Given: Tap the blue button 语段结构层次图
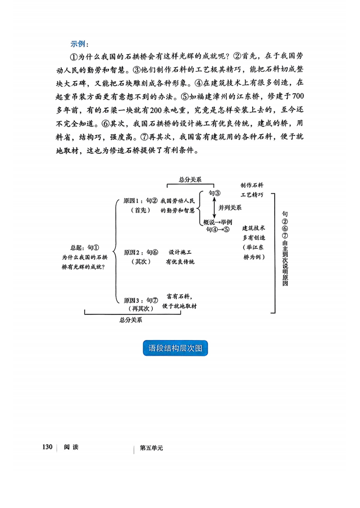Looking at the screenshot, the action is click(175, 348).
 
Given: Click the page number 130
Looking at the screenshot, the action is click(47, 447).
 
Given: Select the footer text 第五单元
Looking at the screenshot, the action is click(151, 448).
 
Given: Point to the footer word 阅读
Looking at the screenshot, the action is click(71, 447).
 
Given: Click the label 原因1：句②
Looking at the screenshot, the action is click(140, 201).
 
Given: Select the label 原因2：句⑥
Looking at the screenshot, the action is click(141, 252).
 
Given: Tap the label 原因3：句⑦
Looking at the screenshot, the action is click(141, 300).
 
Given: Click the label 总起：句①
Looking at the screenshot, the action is click(85, 248).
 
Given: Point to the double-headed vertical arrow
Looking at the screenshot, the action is click(214, 208).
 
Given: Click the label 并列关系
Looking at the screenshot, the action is click(230, 208).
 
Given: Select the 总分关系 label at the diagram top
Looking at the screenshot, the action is click(190, 179).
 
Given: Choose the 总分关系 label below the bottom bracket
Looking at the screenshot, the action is click(131, 320).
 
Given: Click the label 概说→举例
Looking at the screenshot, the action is click(218, 222).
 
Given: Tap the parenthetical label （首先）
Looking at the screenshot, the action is click(141, 210).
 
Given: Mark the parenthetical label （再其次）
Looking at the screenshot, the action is click(141, 309).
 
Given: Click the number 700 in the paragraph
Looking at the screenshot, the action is click(298, 96).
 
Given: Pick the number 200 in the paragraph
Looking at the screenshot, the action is click(156, 110).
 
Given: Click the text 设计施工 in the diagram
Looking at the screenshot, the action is click(180, 252).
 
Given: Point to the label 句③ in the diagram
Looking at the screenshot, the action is click(214, 193).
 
